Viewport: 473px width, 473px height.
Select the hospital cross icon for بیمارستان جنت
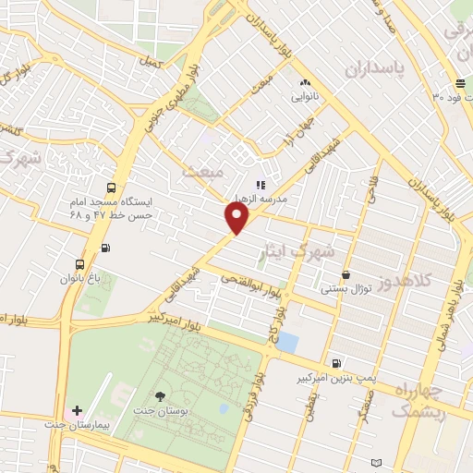(x=76, y=409)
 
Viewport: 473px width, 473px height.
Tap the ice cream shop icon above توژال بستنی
(x=346, y=274)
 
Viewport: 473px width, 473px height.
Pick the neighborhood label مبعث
(x=204, y=172)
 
